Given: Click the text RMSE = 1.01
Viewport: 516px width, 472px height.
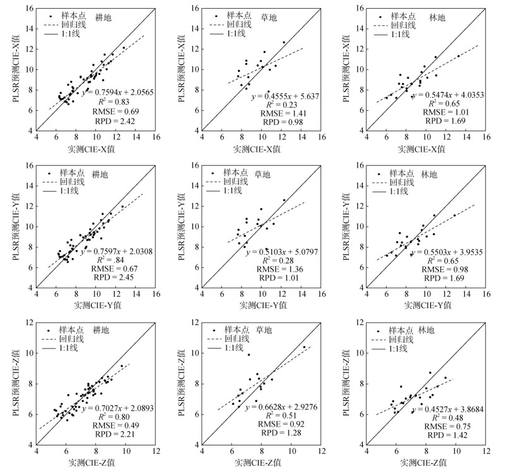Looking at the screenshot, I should tap(440, 112).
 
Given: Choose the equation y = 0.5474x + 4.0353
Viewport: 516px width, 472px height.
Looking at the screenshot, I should tap(440, 92).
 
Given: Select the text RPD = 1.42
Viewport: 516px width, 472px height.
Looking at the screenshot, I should tap(440, 435).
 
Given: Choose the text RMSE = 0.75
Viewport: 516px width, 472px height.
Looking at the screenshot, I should tap(440, 426).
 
